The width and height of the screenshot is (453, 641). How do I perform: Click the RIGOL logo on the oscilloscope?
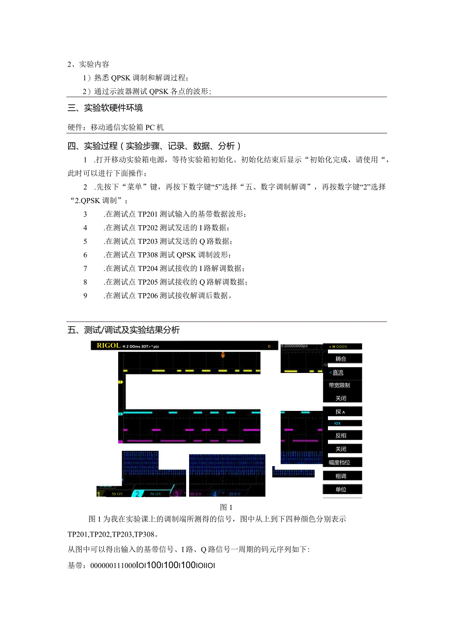[x=108, y=345]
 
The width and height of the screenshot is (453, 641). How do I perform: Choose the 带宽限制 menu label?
[x=339, y=385]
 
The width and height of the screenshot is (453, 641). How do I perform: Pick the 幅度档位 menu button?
[x=339, y=462]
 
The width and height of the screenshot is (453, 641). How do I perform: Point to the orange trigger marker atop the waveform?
[x=223, y=355]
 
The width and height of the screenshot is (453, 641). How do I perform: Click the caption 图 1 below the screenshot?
[x=226, y=507]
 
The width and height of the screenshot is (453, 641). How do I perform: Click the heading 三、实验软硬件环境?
[x=105, y=107]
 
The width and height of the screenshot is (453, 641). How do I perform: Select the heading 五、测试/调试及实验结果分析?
[x=124, y=330]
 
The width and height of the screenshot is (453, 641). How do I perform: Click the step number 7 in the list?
[x=85, y=269]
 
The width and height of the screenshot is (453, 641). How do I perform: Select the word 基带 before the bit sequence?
[x=75, y=566]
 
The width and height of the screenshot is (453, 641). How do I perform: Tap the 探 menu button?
[x=340, y=411]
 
